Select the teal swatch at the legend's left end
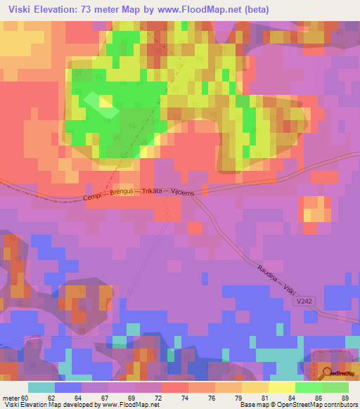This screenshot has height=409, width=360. pos(41,387)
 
